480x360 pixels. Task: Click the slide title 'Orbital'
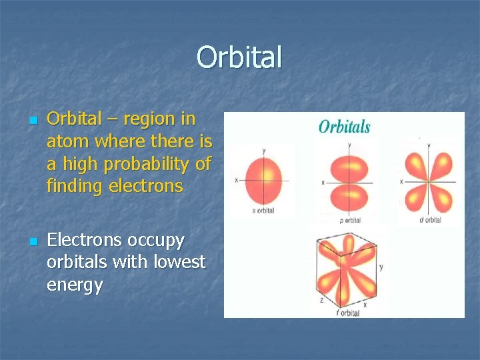[239, 57]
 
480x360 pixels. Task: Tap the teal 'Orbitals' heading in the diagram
[344, 126]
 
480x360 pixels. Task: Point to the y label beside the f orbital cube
[381, 267]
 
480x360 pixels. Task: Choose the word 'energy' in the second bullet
[75, 285]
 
